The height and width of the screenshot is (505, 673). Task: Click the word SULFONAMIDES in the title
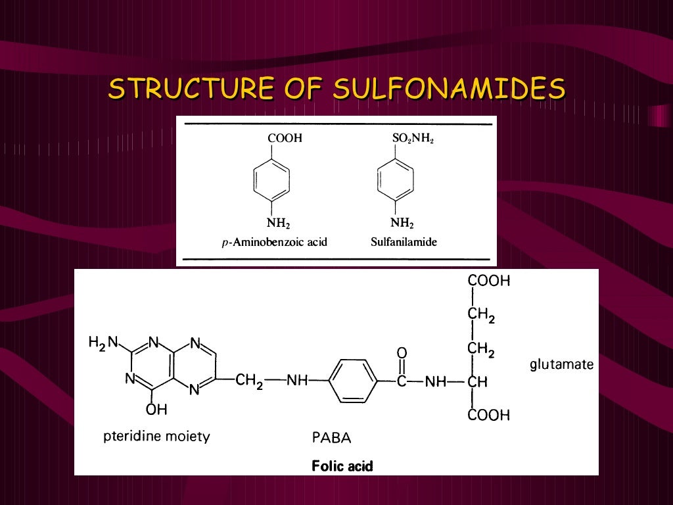(449, 89)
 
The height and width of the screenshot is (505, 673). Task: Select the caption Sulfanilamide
(404, 242)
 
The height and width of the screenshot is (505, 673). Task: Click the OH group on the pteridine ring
(157, 410)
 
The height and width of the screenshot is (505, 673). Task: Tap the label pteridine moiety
(156, 436)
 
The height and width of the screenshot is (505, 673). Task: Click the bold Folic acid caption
(342, 466)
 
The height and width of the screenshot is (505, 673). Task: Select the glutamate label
(561, 364)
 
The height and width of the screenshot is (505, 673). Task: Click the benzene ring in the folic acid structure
(353, 381)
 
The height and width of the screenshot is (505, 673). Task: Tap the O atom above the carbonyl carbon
(402, 353)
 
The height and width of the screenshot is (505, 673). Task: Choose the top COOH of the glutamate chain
(488, 281)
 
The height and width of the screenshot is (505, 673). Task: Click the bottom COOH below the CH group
(488, 415)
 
